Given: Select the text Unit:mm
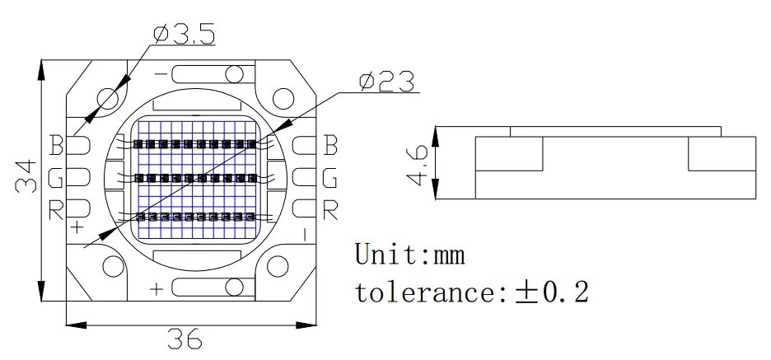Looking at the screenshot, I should point(409,255).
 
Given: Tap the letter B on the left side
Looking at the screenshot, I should point(56,146).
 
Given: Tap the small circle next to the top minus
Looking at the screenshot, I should point(234,77).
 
